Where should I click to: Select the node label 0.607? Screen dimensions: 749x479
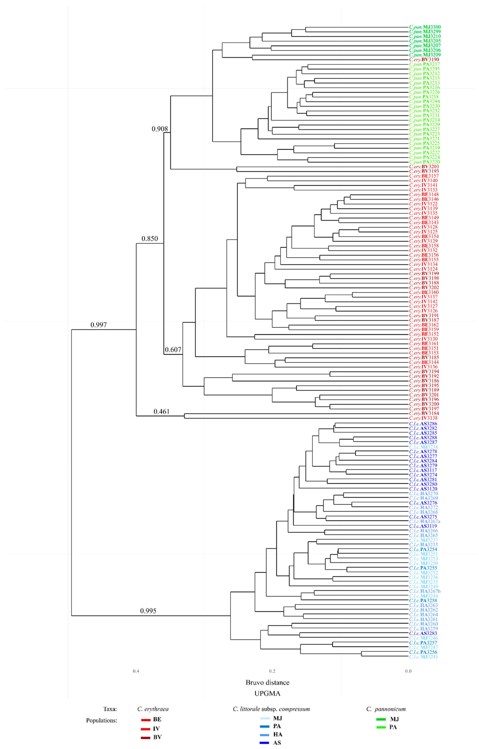click(x=173, y=350)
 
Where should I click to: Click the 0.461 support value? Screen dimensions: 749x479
click(x=161, y=412)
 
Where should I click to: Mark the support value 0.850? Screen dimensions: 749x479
click(x=150, y=239)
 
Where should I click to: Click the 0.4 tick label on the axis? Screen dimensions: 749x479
click(x=136, y=671)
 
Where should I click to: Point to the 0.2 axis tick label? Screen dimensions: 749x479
click(x=272, y=671)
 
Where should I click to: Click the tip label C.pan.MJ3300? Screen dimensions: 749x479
click(x=425, y=27)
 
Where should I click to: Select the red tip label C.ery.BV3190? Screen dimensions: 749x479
click(x=424, y=59)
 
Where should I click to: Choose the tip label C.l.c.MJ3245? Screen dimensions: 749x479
click(x=423, y=657)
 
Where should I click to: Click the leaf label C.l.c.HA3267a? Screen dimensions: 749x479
click(x=425, y=521)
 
